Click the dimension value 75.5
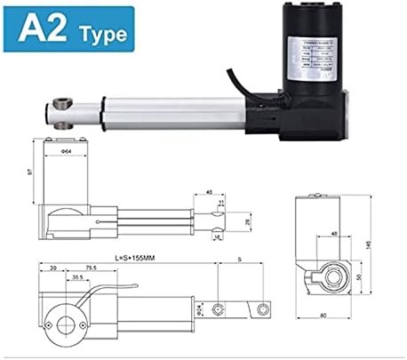tap(92, 267)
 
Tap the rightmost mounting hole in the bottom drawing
tap(261, 308)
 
